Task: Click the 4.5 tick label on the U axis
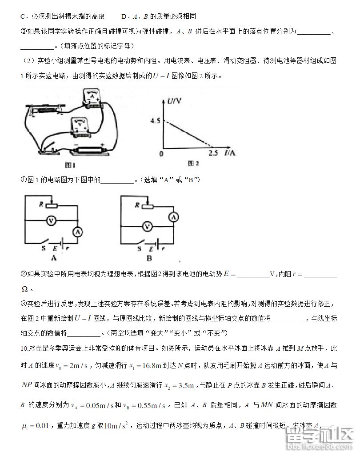click(x=154, y=120)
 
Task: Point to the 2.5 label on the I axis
click(x=213, y=153)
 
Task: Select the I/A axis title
click(x=230, y=153)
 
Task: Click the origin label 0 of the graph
click(x=161, y=153)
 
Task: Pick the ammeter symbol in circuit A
click(x=77, y=232)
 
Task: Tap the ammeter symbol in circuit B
click(x=174, y=216)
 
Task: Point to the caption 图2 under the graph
click(x=192, y=164)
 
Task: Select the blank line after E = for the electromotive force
click(x=253, y=275)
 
